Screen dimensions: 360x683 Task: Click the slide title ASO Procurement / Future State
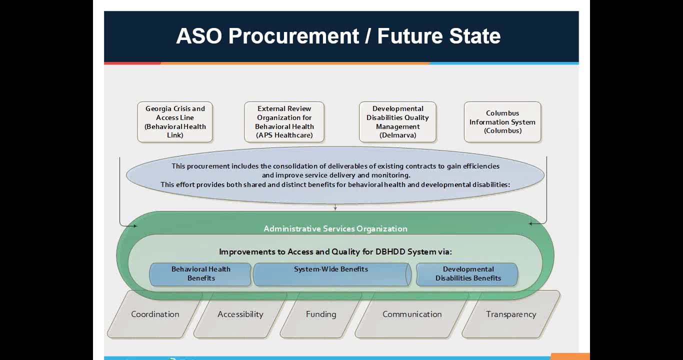[x=338, y=36]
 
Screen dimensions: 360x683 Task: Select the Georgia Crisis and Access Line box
[x=175, y=122]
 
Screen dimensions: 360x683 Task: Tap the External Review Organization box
[x=284, y=122]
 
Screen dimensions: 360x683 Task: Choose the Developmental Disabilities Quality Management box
[x=397, y=122]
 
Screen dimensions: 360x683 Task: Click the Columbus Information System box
[x=502, y=122]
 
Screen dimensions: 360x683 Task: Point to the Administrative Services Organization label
[x=335, y=228]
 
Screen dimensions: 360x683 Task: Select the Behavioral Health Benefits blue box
[x=200, y=274]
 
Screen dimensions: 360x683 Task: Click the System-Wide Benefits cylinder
[x=331, y=274]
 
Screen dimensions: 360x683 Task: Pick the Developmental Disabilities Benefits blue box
[x=467, y=274]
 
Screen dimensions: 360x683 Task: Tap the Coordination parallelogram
[x=155, y=314]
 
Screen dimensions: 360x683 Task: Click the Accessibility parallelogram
[x=240, y=314]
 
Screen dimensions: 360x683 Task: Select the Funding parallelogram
[x=321, y=314]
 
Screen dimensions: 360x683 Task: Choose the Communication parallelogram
[x=412, y=314]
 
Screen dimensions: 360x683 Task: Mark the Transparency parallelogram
[x=510, y=314]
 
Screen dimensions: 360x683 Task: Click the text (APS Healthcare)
[x=284, y=135]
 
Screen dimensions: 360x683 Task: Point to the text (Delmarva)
[x=397, y=135]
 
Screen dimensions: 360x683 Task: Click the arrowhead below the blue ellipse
[x=335, y=208]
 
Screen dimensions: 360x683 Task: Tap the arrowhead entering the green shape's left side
[x=134, y=226]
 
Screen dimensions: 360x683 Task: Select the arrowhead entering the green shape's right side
[x=531, y=223]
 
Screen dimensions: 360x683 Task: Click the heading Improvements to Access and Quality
[x=335, y=251]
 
